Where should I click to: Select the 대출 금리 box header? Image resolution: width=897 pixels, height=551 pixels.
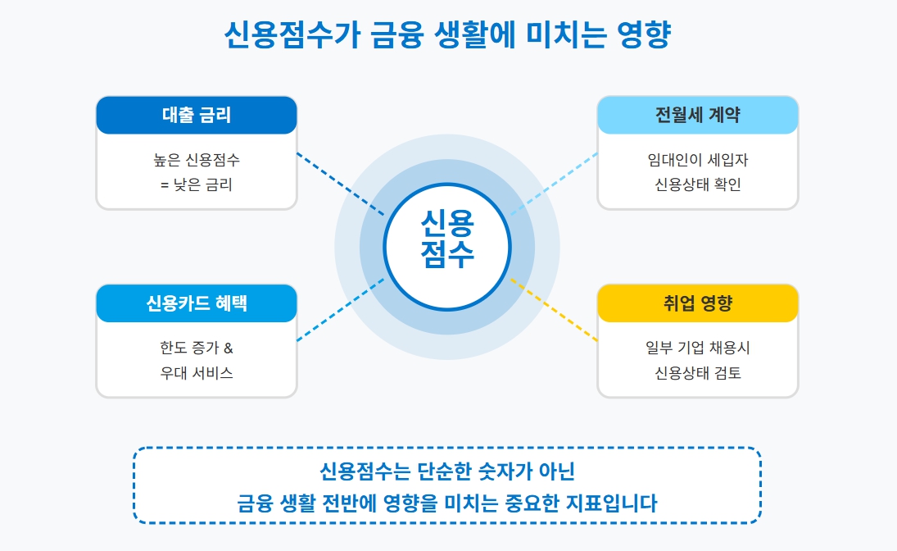point(197,115)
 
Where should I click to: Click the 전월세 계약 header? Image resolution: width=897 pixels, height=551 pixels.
point(698,115)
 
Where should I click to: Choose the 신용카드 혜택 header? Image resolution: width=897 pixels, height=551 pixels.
point(197,303)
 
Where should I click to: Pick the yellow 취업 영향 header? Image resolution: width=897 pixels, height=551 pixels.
point(698,303)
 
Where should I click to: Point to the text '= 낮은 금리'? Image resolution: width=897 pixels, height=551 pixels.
point(197,184)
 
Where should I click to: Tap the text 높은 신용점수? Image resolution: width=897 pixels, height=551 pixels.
point(197,159)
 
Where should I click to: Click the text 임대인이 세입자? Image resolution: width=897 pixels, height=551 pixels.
point(698,159)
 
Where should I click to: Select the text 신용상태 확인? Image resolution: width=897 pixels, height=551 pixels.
point(698,184)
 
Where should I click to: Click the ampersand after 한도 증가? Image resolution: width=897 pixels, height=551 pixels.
point(229,348)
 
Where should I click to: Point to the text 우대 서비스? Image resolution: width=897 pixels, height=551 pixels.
point(197,373)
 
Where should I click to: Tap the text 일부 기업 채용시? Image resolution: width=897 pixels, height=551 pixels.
point(698,348)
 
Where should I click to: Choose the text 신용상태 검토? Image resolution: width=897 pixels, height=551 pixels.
point(698,373)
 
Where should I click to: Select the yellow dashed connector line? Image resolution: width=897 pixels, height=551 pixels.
point(555,309)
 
